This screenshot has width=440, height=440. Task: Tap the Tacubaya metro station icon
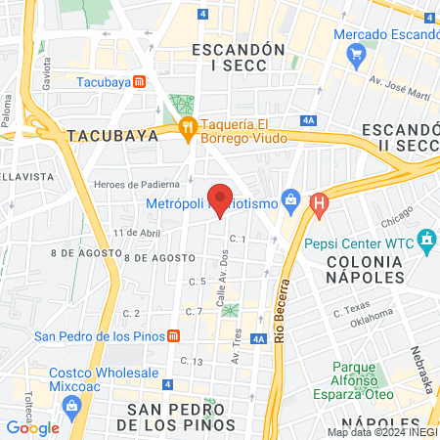tap(141, 81)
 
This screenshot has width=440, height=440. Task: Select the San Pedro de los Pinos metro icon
tap(173, 336)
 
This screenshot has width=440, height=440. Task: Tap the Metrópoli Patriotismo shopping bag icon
tap(289, 203)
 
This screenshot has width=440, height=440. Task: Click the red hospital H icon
tap(318, 203)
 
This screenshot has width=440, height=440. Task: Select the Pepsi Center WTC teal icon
tap(425, 239)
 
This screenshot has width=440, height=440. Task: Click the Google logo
tap(32, 427)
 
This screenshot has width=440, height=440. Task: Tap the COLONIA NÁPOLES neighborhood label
tap(364, 269)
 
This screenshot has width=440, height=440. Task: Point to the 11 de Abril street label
tap(135, 233)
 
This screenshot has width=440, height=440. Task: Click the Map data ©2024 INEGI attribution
tap(381, 432)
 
